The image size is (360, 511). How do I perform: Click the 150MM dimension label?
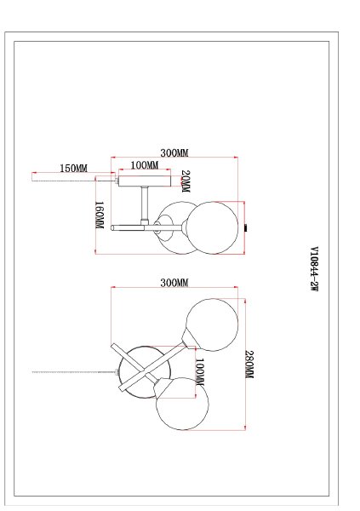click(74, 169)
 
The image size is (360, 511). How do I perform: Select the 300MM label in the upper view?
click(174, 153)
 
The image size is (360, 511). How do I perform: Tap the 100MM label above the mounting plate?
click(145, 165)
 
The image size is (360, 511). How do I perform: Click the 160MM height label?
click(100, 215)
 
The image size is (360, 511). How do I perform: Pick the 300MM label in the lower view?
click(174, 283)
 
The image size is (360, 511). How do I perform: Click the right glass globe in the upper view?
click(215, 227)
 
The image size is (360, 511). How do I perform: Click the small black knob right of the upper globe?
click(247, 227)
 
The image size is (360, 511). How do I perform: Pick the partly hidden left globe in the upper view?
click(174, 227)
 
